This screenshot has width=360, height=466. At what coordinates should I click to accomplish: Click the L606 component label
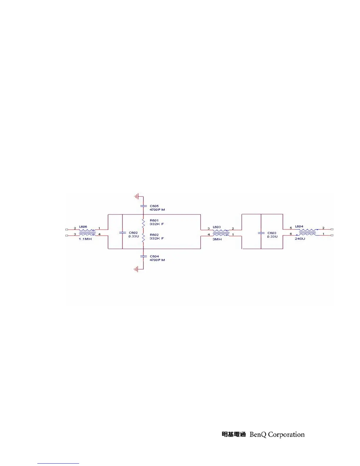pos(83,227)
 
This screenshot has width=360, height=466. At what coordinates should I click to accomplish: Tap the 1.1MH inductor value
pos(85,239)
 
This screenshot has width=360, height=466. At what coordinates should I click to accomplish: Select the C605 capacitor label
pos(154,206)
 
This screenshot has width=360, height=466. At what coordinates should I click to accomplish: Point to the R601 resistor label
pos(154,220)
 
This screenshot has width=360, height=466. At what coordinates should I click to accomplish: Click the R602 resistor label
pos(154,235)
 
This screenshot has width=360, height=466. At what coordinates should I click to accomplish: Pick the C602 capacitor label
pos(133,233)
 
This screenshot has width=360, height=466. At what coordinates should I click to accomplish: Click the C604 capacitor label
pos(154,256)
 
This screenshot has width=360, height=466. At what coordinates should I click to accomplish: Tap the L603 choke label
pos(217,227)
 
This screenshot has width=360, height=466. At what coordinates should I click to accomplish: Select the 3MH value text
pos(217,239)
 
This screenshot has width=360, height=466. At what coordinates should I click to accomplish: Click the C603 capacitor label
pos(272,233)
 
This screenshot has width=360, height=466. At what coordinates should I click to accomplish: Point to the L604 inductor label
pos(299,227)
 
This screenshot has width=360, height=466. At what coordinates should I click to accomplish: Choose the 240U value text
pos(300,239)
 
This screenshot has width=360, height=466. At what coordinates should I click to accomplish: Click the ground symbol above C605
pos(136,196)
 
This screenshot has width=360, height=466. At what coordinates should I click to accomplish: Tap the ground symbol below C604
pos(136,269)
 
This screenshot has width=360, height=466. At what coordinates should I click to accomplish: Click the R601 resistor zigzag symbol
pos(143,223)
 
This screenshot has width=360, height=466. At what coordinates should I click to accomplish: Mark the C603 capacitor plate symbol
pos(261,233)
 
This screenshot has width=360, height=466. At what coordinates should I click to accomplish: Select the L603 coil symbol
pos(221,233)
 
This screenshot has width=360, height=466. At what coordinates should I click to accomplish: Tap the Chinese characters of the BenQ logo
pos(234,435)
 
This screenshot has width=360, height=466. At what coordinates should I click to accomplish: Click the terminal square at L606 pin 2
pos(67,229)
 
